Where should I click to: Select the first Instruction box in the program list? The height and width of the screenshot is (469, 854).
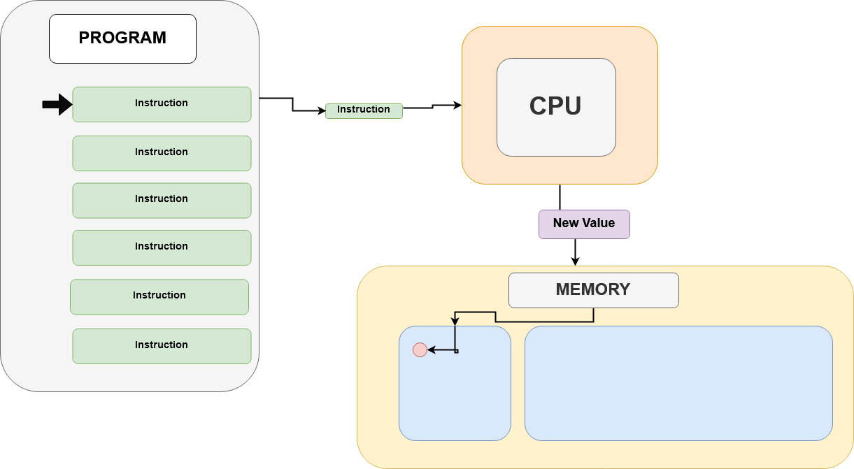162,104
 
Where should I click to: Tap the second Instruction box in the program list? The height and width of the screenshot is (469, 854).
162,153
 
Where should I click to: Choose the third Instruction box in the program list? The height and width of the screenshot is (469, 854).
162,201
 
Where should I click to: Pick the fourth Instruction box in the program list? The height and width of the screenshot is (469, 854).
162,247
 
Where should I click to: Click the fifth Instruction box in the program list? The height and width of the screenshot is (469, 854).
159,297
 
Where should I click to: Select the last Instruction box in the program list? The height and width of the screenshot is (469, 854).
162,346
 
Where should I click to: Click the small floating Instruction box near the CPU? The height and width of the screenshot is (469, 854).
364,110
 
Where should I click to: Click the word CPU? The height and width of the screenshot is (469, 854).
555,106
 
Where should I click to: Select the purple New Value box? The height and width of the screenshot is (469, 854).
584,224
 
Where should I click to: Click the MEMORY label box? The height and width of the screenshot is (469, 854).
593,290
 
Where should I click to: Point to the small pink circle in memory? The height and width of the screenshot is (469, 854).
420,350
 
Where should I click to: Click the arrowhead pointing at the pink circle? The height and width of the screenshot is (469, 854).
432,350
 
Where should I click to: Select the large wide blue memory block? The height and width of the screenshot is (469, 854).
678,383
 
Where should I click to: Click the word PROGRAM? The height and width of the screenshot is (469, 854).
122,38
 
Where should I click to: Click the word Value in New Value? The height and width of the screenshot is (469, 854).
599,223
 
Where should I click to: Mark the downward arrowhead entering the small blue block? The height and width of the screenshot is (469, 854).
455,322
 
